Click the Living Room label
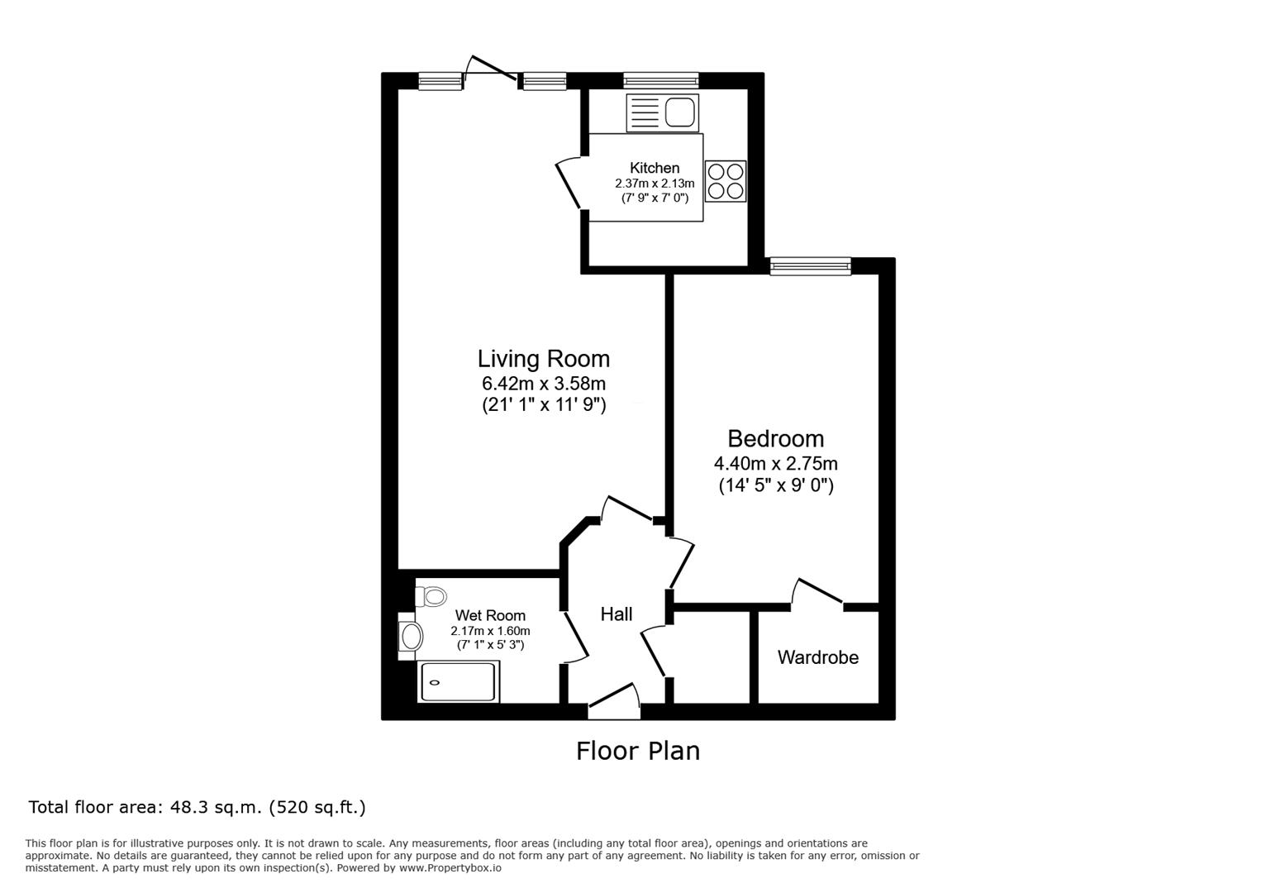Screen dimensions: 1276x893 tap(544, 359)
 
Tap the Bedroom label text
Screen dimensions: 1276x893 tap(776, 439)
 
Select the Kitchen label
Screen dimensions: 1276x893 tap(655, 168)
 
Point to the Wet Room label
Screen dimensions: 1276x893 tap(490, 615)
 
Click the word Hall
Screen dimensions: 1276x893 tap(617, 614)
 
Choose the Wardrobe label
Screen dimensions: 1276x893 tap(818, 657)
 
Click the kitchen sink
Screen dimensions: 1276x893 tap(663, 112)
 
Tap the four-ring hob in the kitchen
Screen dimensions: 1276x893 tap(726, 181)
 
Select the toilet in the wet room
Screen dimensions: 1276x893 tap(431, 597)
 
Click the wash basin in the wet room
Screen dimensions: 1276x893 tap(410, 636)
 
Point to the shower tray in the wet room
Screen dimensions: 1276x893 tap(459, 681)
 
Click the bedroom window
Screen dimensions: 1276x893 tap(811, 266)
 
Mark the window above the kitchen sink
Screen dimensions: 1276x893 tap(661, 80)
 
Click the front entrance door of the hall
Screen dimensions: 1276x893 tap(614, 701)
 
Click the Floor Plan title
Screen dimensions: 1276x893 tap(638, 751)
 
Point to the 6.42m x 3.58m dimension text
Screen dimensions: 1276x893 tap(544, 383)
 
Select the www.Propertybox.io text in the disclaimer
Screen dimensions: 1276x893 tap(450, 868)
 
